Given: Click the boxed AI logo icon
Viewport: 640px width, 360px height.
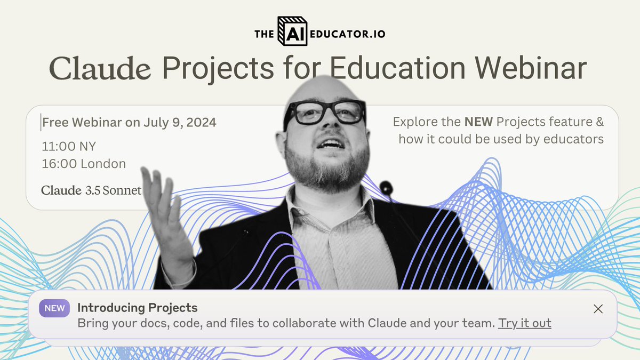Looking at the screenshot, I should (x=293, y=33).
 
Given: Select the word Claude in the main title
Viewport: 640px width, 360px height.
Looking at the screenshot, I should (x=100, y=69).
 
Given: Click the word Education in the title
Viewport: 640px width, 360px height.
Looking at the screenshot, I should (x=391, y=69).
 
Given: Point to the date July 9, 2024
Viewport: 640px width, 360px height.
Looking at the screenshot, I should (x=180, y=123).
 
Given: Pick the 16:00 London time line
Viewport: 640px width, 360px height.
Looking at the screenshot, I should (x=84, y=164).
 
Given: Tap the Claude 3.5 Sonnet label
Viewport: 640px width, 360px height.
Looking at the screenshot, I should (x=91, y=190).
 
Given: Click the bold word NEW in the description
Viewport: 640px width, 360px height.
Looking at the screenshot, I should (x=478, y=122).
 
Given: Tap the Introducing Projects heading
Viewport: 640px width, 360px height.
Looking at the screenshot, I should (x=137, y=308).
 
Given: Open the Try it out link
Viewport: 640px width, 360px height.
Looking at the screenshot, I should (x=524, y=323).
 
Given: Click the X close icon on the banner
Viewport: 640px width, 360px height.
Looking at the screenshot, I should (x=598, y=309).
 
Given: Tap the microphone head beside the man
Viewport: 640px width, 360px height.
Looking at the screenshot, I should (x=386, y=187).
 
